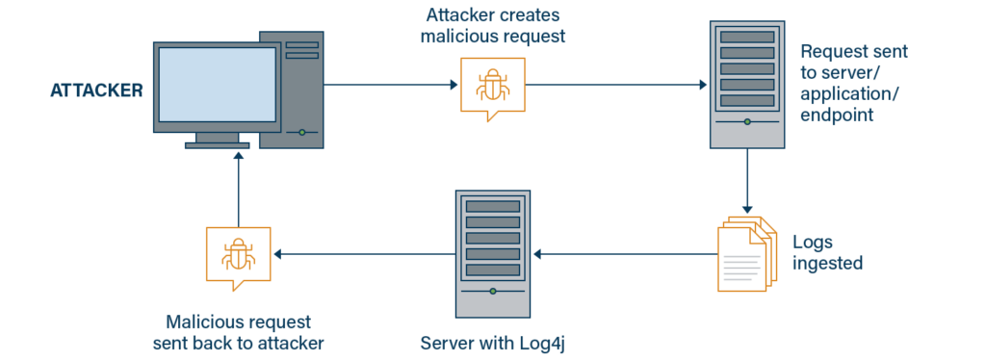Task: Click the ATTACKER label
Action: (x=96, y=91)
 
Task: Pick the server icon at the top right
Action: (x=746, y=85)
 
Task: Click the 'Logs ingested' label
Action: (x=827, y=252)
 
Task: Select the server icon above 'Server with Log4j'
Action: (x=493, y=255)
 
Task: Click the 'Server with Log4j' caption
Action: (x=493, y=343)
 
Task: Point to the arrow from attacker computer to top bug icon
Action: (x=390, y=85)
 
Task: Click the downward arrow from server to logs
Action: (x=747, y=183)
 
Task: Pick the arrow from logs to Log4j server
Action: (x=626, y=254)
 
